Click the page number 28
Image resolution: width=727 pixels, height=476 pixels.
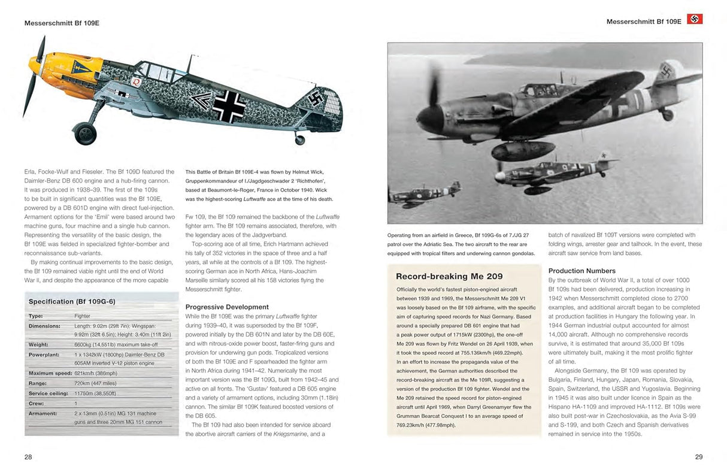[28, 457]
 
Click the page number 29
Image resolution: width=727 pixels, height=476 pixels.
[698, 457]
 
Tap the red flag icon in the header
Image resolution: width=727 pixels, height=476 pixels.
[695, 19]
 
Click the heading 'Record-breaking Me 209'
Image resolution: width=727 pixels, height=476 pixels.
[449, 276]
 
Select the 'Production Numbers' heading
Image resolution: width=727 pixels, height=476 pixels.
[581, 271]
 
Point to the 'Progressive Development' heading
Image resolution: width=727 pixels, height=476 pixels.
[227, 307]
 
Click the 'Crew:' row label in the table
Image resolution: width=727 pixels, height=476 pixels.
[36, 403]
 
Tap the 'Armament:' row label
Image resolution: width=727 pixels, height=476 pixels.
[43, 413]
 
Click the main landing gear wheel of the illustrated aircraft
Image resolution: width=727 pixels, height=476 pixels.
[85, 133]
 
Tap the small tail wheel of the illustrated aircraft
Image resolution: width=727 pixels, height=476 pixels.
[299, 140]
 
